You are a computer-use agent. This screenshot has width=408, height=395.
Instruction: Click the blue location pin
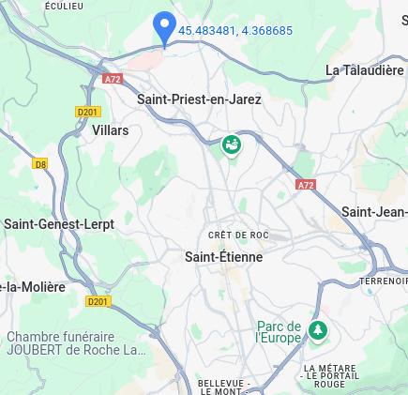click(164, 27)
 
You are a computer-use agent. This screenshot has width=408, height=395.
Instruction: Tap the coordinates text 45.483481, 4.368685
click(235, 31)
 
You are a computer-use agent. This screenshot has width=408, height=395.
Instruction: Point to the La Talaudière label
click(365, 70)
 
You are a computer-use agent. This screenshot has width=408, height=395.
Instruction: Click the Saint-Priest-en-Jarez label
click(199, 99)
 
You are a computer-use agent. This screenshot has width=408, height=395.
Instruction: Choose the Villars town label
click(110, 130)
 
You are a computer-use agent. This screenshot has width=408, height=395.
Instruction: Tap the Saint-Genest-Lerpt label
click(58, 224)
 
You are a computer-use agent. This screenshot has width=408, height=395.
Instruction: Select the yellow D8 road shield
click(40, 164)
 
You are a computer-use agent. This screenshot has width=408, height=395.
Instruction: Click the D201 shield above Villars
click(87, 112)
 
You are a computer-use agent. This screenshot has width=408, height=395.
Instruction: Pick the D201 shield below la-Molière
click(98, 301)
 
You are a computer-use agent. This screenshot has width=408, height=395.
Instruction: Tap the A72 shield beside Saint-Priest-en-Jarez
click(113, 79)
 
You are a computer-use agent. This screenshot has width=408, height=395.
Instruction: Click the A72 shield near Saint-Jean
click(306, 185)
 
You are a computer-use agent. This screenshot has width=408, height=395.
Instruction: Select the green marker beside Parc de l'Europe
click(318, 329)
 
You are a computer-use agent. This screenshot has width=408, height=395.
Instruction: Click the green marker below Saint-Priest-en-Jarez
click(232, 144)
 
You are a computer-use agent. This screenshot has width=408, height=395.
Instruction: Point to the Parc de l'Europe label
click(280, 332)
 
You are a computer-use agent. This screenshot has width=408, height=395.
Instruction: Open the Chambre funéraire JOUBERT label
click(75, 343)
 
